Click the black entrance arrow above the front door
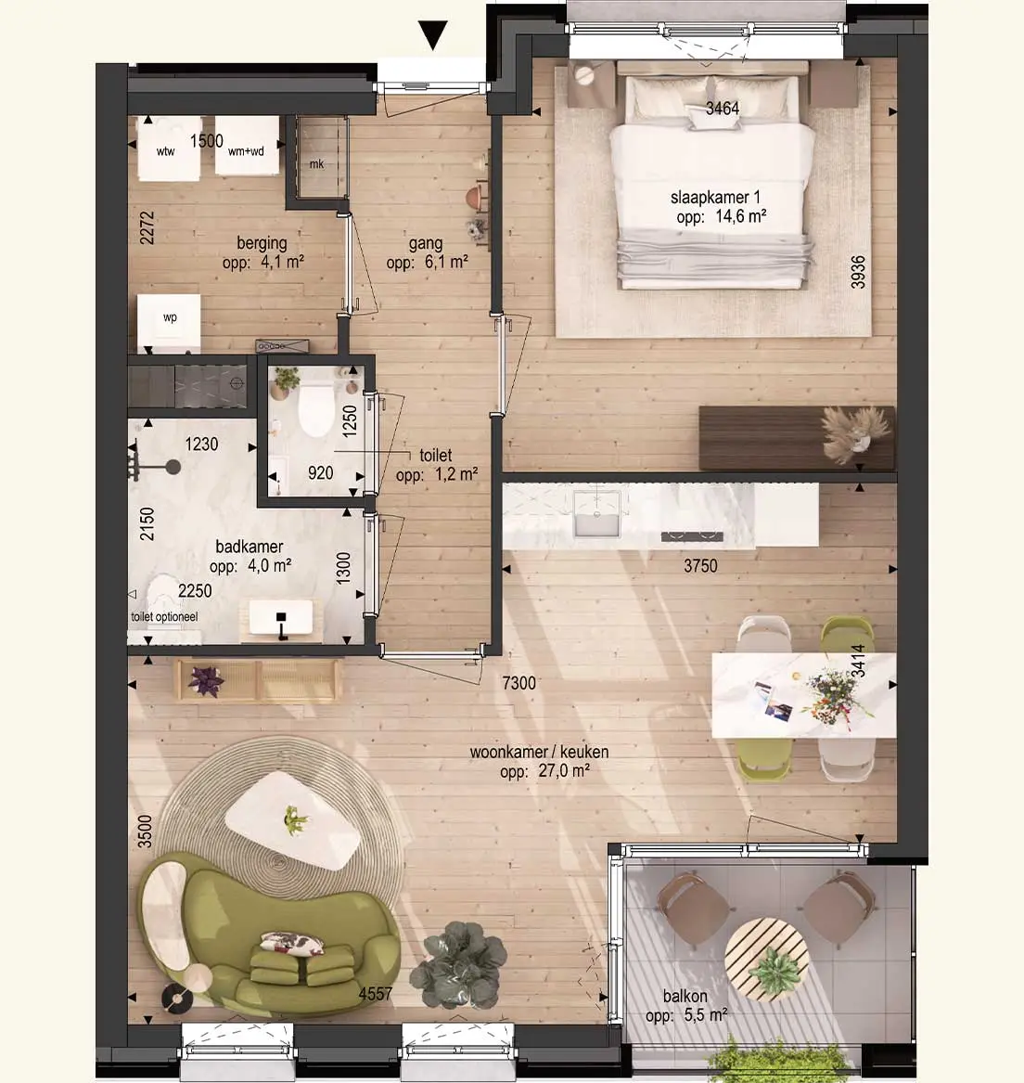click(x=433, y=35)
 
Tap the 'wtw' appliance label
click(x=166, y=151)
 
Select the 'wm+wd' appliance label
click(x=246, y=151)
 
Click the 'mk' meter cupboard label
click(x=317, y=163)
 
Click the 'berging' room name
click(x=262, y=243)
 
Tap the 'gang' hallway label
click(x=426, y=243)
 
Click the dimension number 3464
click(x=723, y=108)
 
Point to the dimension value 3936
click(x=858, y=272)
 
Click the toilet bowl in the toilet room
click(x=316, y=411)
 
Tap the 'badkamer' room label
click(x=250, y=547)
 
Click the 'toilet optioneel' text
click(x=164, y=617)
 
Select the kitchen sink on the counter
click(x=596, y=513)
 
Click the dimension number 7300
click(x=519, y=683)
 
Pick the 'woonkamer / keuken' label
click(x=539, y=752)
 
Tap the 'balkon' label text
click(x=685, y=996)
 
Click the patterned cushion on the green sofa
click(x=291, y=943)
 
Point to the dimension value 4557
click(x=376, y=994)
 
